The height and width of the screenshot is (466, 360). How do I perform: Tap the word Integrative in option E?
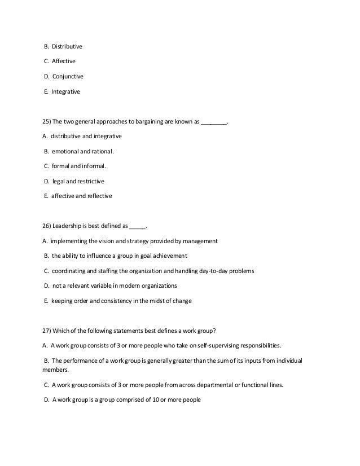[x=65, y=91]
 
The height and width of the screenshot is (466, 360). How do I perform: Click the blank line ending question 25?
[x=214, y=122]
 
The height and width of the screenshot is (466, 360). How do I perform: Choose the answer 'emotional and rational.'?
[x=82, y=152]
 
